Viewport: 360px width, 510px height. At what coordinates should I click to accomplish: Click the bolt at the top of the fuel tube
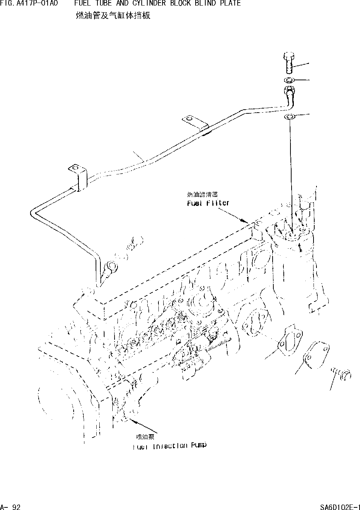(289, 63)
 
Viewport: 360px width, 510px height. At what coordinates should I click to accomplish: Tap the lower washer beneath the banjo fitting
(289, 117)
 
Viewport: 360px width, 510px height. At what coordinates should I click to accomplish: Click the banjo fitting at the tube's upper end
(289, 91)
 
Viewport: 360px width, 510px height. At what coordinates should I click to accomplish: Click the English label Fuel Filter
(208, 203)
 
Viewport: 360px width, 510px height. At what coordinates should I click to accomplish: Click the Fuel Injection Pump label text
(169, 446)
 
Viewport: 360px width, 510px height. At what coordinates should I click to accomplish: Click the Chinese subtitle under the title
(113, 16)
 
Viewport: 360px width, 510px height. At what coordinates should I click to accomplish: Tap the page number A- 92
(10, 506)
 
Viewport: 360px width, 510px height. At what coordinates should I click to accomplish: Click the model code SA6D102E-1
(340, 506)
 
